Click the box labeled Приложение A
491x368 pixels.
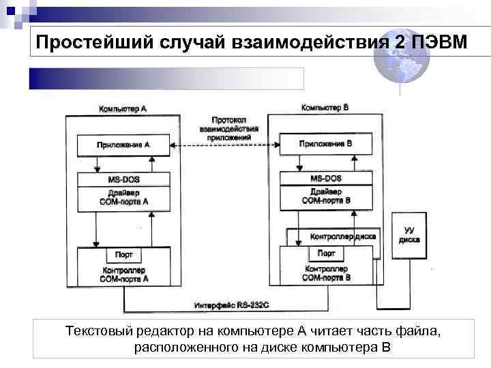click(123, 145)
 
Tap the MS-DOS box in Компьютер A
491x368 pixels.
click(123, 179)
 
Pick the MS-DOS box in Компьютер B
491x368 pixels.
click(326, 179)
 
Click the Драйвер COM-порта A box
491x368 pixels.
click(123, 198)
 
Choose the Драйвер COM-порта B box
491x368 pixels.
click(326, 197)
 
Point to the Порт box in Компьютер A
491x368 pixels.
click(124, 256)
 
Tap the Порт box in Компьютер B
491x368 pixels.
click(326, 254)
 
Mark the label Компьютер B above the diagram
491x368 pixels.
click(325, 108)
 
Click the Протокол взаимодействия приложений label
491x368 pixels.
click(224, 127)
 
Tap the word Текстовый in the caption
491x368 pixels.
click(96, 332)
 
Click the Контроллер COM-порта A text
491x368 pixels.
click(124, 274)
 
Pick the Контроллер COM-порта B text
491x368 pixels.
click(326, 273)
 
